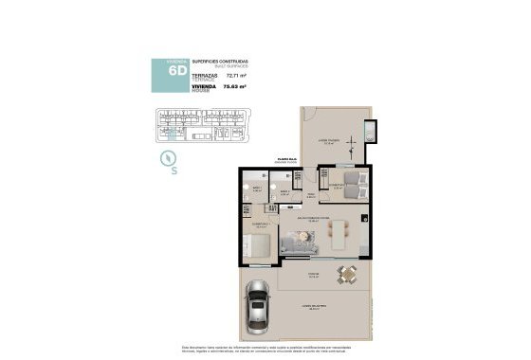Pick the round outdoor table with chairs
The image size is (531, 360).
pos(347,276)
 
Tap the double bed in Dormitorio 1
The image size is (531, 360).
pos(257,246)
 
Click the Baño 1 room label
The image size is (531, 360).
pos(256,189)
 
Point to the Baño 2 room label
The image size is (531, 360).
pos(284,191)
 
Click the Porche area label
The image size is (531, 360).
pos(314,277)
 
